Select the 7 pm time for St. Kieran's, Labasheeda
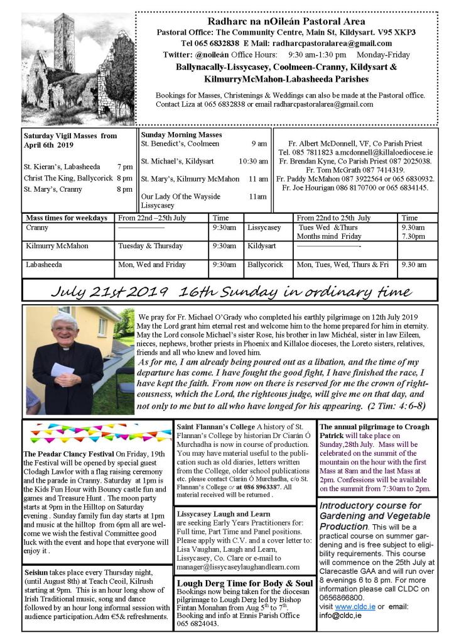coord(124,167)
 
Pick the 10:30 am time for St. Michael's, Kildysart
coord(254,161)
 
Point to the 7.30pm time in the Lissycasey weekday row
coord(413,236)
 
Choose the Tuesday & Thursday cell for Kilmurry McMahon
coord(148,246)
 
